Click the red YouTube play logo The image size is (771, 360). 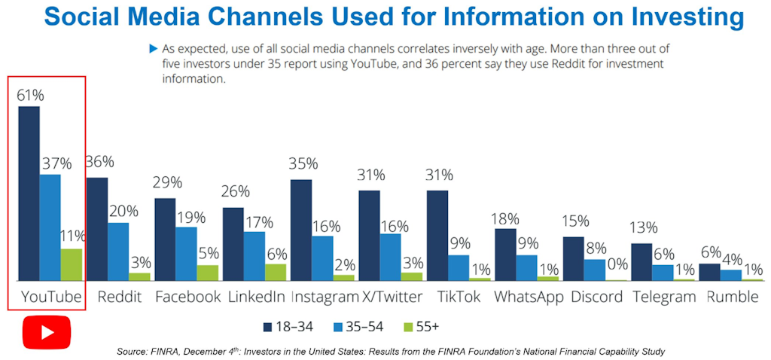[46, 332]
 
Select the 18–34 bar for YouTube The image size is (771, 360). [29, 193]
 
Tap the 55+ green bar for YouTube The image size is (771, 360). [72, 264]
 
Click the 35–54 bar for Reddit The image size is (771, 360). [118, 252]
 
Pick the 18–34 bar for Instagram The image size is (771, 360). [301, 230]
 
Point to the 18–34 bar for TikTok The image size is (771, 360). [437, 235]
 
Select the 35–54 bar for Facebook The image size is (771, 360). [187, 254]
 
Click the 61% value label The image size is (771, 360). [29, 96]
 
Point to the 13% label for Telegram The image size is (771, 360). [645, 228]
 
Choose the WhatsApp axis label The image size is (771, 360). [529, 297]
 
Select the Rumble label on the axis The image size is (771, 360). [733, 297]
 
